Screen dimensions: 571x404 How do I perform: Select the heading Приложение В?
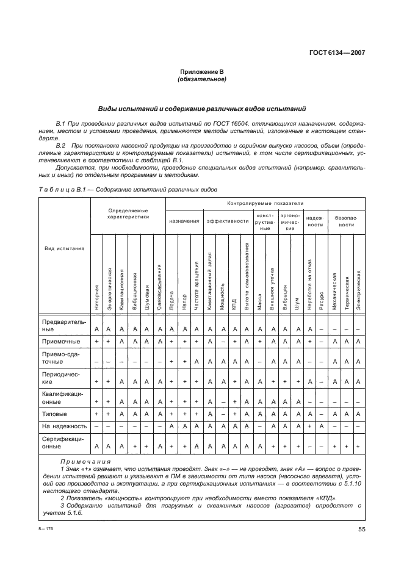202,72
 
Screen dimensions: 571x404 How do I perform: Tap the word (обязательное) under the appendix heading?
202,79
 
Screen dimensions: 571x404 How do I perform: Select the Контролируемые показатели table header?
265,203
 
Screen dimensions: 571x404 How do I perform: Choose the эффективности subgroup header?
228,221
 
